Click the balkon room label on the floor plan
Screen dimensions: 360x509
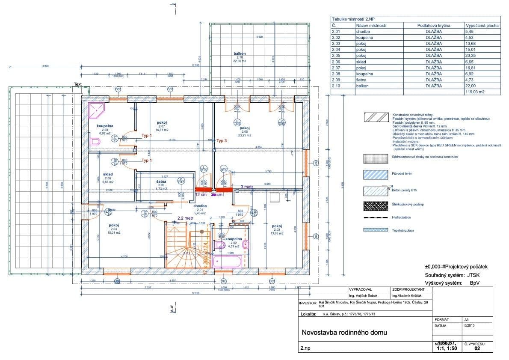point(240,54)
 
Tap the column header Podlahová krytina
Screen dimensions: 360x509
point(434,26)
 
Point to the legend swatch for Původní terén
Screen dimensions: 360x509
point(375,173)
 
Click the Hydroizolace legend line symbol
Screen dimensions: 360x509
point(375,218)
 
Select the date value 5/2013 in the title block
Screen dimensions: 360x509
point(469,325)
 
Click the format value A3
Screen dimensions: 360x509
point(466,319)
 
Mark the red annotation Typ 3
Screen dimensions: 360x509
point(222,140)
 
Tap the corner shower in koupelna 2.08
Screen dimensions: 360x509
point(96,110)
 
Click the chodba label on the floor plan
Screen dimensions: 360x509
point(200,206)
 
